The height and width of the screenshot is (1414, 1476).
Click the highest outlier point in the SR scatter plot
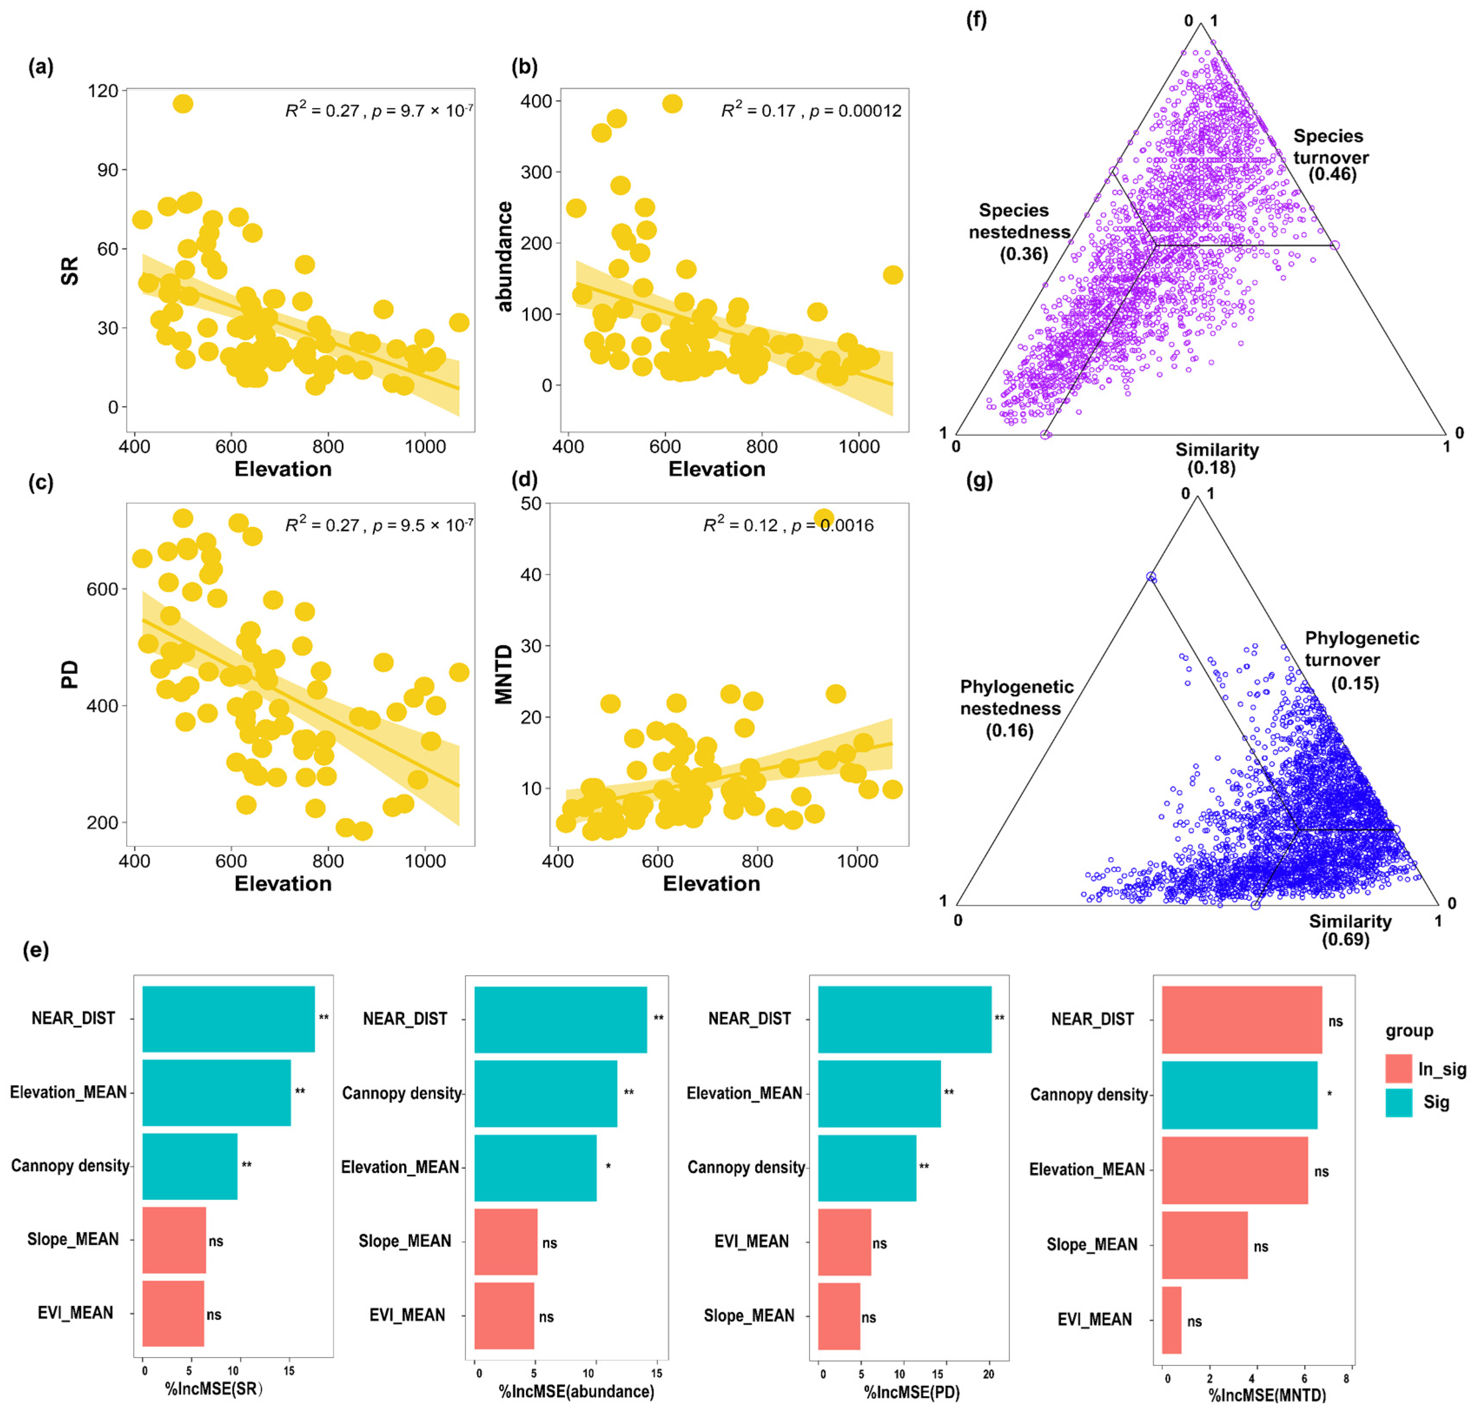(x=183, y=104)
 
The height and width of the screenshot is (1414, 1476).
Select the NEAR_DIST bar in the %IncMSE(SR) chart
(x=228, y=1019)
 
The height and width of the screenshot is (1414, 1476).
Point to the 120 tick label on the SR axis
(x=103, y=91)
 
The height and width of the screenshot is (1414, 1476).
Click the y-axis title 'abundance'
(x=504, y=256)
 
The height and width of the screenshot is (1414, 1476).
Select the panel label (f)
(x=976, y=20)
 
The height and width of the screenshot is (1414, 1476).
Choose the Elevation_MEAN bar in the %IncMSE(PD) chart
(x=879, y=1093)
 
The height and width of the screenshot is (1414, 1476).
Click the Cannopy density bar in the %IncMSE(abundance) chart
(x=545, y=1093)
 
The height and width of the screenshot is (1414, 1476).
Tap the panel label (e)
(x=36, y=950)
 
